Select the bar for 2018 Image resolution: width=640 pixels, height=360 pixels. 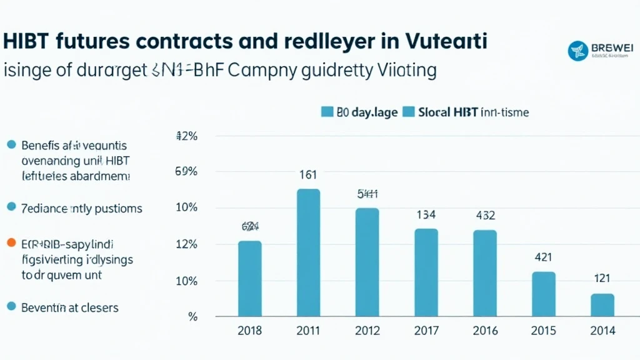click(250, 278)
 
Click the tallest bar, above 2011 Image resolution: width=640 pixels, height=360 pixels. click(308, 252)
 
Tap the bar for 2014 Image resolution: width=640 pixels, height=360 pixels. click(602, 304)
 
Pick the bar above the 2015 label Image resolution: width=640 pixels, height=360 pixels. click(544, 293)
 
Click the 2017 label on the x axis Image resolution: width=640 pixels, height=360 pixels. click(426, 331)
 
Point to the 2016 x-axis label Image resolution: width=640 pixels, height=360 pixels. click(485, 331)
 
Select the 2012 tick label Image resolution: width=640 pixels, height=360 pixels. click(367, 331)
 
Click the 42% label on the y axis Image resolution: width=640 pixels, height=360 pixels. click(187, 136)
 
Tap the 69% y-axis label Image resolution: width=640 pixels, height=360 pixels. click(187, 172)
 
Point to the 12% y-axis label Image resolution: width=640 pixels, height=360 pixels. click(187, 244)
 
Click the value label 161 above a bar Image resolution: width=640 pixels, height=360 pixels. click(308, 175)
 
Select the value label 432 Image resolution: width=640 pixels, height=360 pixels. click(485, 216)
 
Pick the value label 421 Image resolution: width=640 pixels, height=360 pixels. click(543, 257)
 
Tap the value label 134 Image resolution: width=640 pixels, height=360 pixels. click(426, 216)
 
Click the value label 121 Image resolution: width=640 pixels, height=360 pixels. click(602, 279)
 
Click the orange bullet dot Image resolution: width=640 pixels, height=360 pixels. click(11, 243)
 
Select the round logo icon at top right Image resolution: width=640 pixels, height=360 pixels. click(577, 51)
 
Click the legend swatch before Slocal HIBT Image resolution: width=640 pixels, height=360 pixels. click(409, 112)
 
